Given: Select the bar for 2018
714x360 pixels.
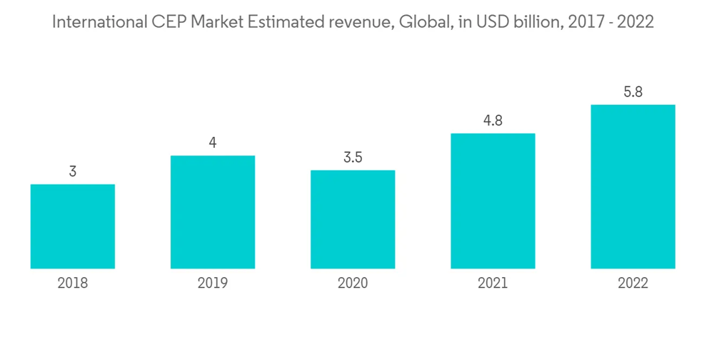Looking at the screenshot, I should click(73, 226).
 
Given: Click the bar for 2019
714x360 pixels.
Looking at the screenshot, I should click(213, 212).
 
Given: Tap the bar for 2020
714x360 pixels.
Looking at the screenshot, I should click(353, 219).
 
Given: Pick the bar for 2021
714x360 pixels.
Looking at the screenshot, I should click(493, 201).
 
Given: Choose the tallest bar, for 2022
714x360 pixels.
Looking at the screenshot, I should click(633, 186).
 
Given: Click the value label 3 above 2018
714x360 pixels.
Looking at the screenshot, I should click(73, 171).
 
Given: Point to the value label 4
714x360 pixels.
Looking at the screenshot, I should click(213, 143).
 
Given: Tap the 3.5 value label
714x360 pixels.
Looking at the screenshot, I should click(353, 157).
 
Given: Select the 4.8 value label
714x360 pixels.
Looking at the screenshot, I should click(493, 121).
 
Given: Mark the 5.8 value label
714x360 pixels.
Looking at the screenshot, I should click(633, 92).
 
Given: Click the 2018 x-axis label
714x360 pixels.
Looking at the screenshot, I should click(73, 284).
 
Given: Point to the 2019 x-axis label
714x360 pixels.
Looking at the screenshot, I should click(213, 284).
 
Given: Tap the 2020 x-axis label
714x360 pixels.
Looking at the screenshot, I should click(353, 284).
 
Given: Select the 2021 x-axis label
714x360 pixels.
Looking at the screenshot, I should click(493, 284).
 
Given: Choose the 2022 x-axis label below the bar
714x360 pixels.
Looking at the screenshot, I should click(633, 284).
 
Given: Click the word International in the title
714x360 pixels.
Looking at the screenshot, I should click(99, 22).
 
